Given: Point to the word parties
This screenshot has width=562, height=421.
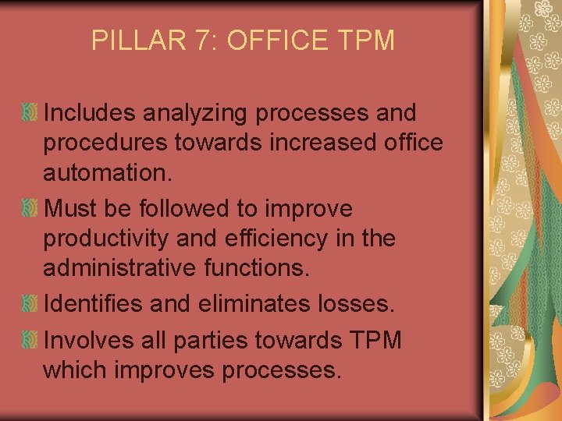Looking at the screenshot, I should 226,340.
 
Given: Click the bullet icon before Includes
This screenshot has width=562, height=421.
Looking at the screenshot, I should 30,114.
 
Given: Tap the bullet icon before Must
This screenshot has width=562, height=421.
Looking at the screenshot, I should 30,209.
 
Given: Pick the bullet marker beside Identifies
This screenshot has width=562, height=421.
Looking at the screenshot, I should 30,304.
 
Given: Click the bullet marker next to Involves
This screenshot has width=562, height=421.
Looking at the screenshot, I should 30,340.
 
